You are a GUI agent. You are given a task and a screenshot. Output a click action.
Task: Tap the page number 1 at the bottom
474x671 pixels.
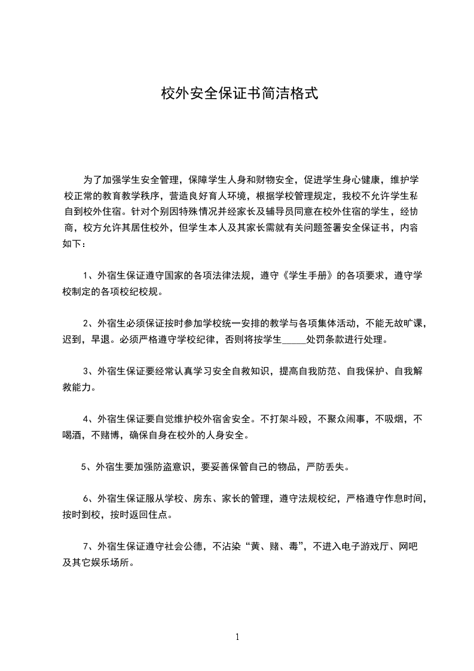pos(237,636)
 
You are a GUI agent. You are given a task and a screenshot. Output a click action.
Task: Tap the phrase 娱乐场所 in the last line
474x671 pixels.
pos(105,562)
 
